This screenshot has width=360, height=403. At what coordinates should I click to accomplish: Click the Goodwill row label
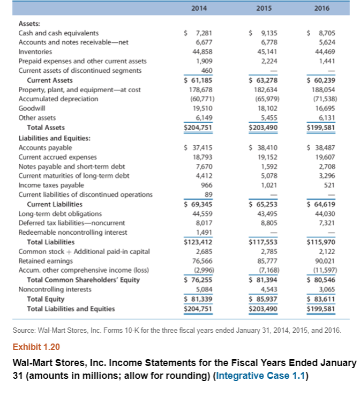click(x=31, y=108)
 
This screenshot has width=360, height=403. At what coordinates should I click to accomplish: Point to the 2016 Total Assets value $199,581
click(x=321, y=128)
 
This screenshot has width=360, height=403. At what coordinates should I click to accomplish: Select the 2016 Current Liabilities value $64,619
click(x=321, y=204)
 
